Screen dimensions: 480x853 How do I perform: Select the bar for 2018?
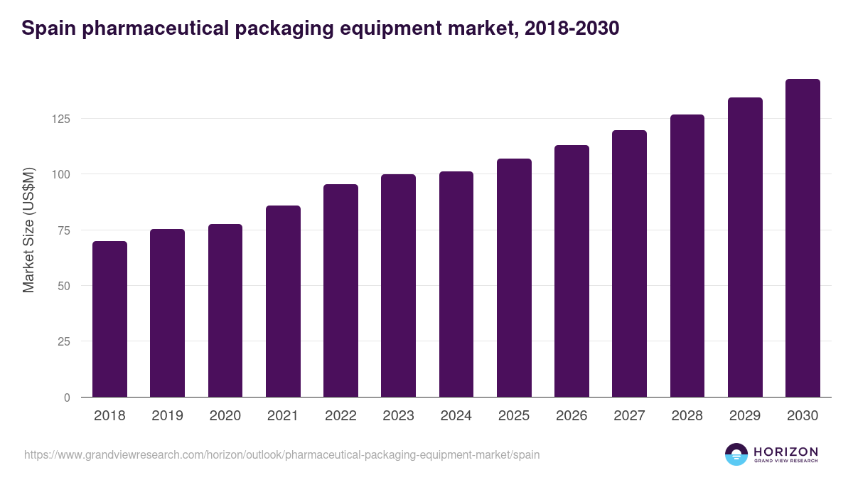tap(109, 319)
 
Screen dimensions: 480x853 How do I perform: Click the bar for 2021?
tap(283, 302)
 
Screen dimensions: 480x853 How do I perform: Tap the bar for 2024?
tap(456, 284)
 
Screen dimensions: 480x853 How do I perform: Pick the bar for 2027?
tap(629, 264)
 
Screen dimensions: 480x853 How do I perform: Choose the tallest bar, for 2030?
tap(803, 238)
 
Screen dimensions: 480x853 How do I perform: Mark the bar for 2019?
tap(167, 313)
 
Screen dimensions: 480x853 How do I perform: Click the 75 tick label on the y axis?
tap(63, 230)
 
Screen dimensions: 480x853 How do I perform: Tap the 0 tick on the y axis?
tap(67, 398)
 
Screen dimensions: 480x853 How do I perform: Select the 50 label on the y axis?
tap(63, 286)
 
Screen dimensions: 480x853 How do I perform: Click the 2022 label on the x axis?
tap(340, 416)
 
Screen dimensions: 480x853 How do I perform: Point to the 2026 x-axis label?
tap(572, 416)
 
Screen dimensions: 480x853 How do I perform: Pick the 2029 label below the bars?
tap(745, 416)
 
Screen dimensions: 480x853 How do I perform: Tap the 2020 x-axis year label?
tap(225, 416)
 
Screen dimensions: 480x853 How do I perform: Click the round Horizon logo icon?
tap(736, 454)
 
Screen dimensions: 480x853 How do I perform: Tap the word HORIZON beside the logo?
tap(785, 451)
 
